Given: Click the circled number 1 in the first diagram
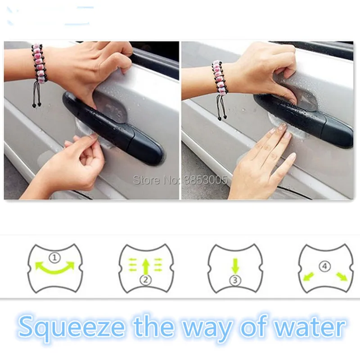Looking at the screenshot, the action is click(54, 257).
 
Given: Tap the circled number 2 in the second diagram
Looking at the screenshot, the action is click(145, 280).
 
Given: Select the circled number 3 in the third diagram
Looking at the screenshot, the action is click(235, 280).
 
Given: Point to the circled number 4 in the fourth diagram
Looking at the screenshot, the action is click(324, 266).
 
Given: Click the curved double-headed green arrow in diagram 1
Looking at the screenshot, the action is click(54, 272).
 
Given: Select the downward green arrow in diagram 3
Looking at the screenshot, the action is click(235, 266).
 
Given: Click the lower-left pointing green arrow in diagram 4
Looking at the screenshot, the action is click(308, 276).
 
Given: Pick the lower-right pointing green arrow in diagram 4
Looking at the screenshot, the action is click(342, 276).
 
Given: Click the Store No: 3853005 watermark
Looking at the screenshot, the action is click(180, 180).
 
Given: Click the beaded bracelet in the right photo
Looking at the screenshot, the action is click(220, 82).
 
